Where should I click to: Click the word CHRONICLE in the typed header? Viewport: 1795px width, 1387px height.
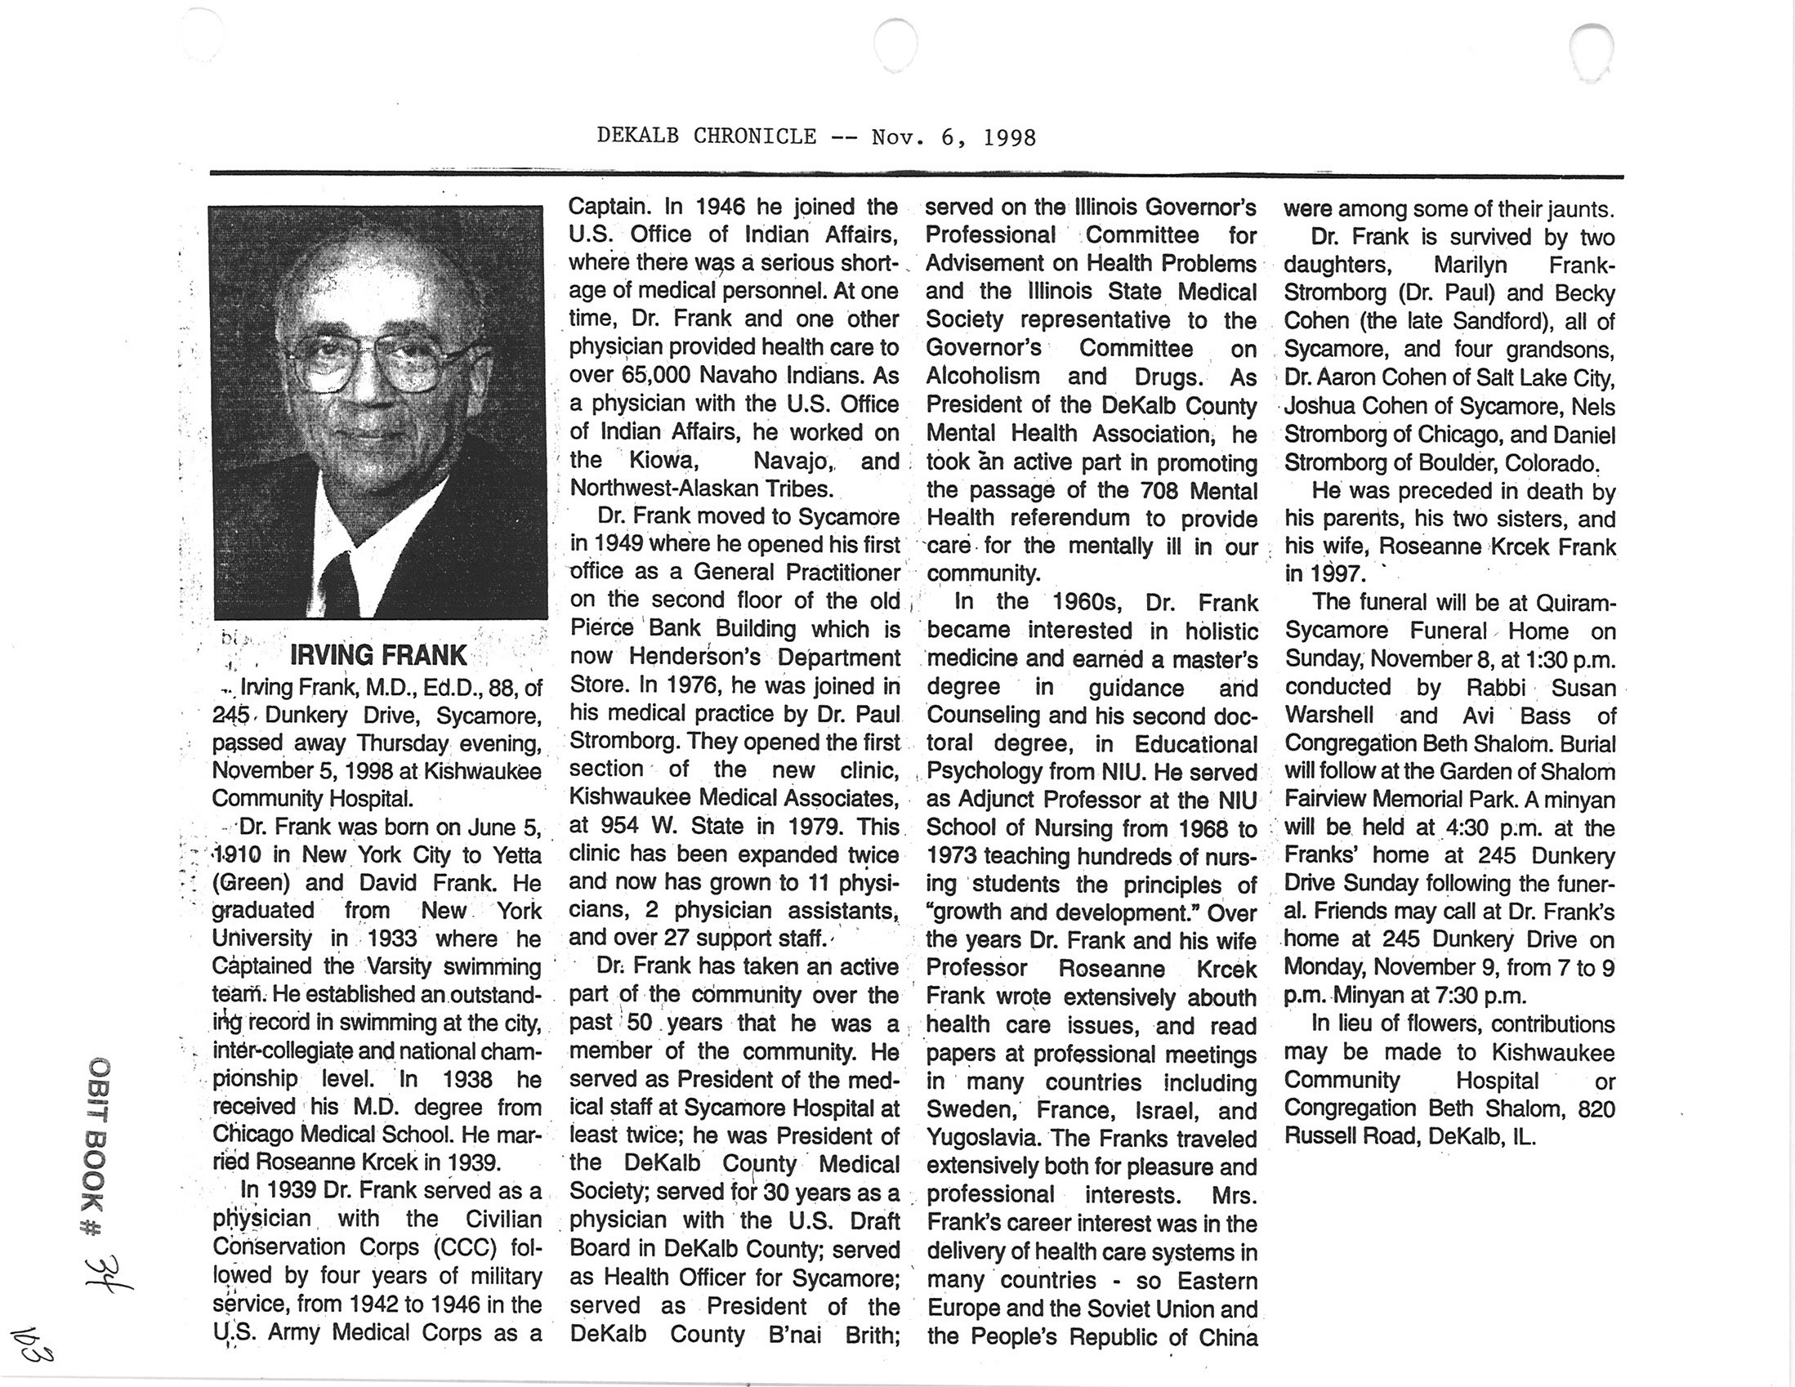[754, 136]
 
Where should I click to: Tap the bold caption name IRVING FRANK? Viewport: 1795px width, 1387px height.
[378, 655]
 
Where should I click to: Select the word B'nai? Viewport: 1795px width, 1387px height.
[794, 1336]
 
